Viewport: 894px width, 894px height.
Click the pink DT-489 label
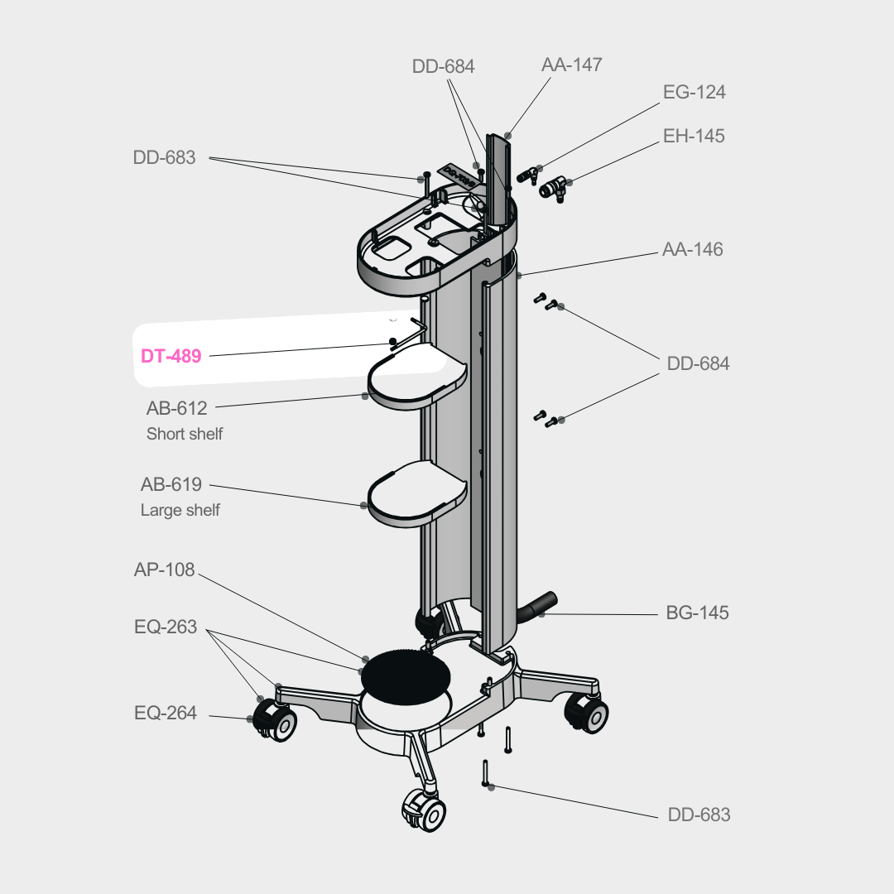point(171,357)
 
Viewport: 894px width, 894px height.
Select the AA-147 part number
point(571,65)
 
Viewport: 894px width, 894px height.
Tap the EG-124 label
point(694,92)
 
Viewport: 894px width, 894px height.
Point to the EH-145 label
point(694,135)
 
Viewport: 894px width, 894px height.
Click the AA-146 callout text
point(692,249)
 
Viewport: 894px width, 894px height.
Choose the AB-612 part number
point(176,408)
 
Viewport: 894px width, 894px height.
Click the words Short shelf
point(185,434)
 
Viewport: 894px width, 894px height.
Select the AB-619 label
point(171,485)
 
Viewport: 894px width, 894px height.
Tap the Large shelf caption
point(180,511)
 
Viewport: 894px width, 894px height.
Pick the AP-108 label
point(165,570)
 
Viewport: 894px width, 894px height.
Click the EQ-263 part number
point(166,627)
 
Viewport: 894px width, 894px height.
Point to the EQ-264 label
point(166,713)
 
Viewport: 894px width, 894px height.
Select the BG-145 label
point(697,613)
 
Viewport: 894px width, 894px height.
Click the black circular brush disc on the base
point(406,671)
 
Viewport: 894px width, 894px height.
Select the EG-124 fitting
point(528,175)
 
